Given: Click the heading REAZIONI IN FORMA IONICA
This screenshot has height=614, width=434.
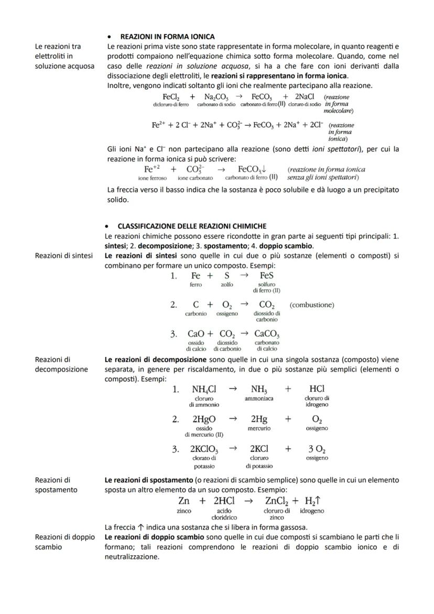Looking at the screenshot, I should [167, 37].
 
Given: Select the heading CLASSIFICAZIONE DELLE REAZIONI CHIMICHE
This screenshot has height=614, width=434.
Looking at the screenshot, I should [192, 226].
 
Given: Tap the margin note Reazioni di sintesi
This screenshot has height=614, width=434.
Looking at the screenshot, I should [63, 255].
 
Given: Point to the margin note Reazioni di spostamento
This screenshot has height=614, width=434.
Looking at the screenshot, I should [56, 484].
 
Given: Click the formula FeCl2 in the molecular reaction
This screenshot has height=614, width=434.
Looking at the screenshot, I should [171, 97].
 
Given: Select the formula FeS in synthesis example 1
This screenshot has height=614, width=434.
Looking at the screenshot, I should [267, 276].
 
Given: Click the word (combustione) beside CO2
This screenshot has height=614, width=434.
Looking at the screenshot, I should [311, 305].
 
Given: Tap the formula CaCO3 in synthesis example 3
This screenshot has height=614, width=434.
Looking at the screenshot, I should [267, 334].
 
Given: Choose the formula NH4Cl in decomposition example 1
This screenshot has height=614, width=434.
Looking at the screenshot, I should [204, 390].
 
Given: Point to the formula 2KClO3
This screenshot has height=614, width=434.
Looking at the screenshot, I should [204, 449].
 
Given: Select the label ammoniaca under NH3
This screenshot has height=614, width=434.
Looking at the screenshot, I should [259, 399].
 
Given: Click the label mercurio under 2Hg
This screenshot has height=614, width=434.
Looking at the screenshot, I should [259, 429].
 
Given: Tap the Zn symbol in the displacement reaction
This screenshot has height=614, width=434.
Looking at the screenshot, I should [184, 501].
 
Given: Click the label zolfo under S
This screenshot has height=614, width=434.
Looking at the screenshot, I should [227, 285].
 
